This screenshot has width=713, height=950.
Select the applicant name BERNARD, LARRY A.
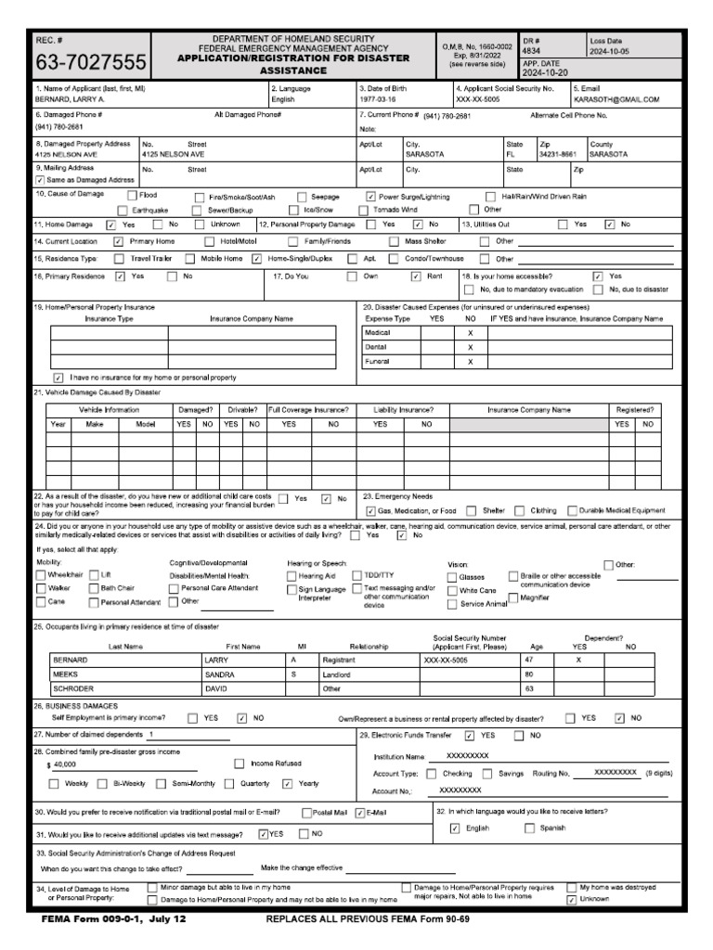tap(70, 98)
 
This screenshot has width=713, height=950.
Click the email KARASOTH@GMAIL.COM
tap(616, 98)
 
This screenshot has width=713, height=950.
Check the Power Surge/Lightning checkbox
tap(371, 197)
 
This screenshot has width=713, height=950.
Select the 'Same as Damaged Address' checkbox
tap(40, 180)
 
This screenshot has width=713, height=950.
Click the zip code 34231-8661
tap(557, 155)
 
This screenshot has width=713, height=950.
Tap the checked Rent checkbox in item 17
tap(416, 276)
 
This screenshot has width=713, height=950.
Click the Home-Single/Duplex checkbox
tap(256, 259)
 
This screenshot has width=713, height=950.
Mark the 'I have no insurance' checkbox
tap(58, 378)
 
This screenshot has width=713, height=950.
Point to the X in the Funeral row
tap(470, 362)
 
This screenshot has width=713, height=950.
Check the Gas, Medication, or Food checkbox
tap(371, 510)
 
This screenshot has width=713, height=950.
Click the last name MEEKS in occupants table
tap(68, 674)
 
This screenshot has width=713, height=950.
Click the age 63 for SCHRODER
tap(529, 689)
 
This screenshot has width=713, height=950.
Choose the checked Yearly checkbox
tap(288, 784)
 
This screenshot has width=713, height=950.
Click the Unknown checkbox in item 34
tap(571, 900)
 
